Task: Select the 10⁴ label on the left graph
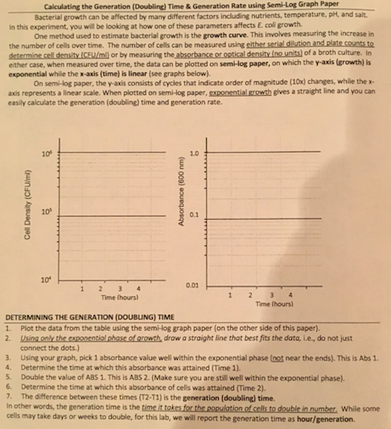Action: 45,278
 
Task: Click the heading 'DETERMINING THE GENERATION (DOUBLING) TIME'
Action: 90,318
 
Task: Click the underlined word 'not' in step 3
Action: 299,354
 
